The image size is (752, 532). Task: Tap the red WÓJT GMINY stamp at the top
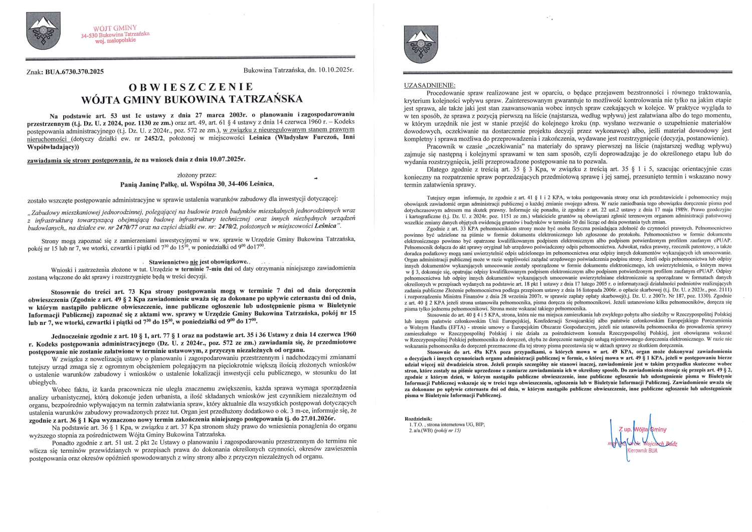coord(115,33)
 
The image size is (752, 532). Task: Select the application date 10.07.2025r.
coord(226,159)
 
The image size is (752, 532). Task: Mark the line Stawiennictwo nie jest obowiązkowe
coord(198,262)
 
